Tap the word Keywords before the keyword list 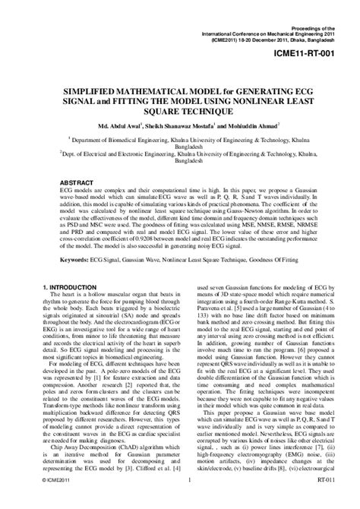pyautogui.click(x=77, y=259)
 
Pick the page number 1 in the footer pyautogui.click(x=187, y=501)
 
